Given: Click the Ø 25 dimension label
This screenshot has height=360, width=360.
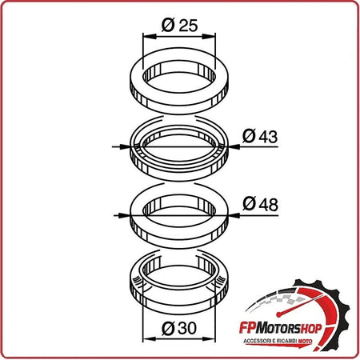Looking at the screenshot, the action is point(180,26).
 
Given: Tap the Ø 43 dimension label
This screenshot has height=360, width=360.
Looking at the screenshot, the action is point(260,136).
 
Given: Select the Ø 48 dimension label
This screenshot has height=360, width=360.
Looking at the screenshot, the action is point(260,204).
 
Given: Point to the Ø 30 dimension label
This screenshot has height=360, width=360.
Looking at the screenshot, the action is point(179,328).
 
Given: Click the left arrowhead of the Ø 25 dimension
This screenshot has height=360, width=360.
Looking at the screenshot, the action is point(150,37).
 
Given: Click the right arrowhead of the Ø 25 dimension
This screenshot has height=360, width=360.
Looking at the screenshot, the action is point(209,37).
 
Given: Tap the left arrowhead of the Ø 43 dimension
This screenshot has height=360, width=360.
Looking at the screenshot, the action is point(125,146).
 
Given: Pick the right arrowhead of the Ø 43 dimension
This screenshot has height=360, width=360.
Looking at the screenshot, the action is point(234,146).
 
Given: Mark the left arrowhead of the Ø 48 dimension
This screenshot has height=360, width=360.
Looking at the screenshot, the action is point(124,215).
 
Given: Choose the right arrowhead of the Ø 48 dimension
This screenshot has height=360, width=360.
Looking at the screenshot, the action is point(234,215).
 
